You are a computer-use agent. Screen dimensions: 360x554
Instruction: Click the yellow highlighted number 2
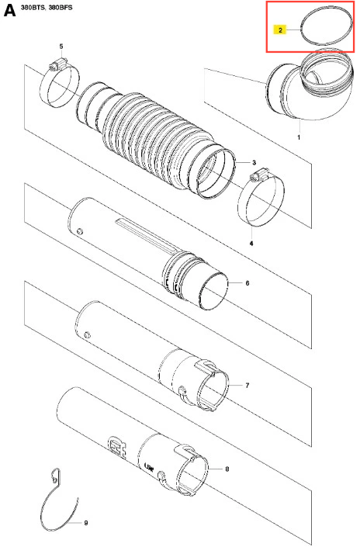(x=280, y=30)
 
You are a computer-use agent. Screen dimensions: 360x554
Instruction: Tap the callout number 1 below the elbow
(x=299, y=137)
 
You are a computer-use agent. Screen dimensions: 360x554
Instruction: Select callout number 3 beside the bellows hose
(x=254, y=162)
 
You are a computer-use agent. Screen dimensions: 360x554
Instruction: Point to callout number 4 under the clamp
(x=251, y=244)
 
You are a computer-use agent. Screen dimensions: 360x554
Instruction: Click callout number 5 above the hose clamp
(x=61, y=47)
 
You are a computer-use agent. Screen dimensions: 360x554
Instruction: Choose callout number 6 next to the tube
(x=247, y=283)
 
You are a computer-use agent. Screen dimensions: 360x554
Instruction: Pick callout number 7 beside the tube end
(x=247, y=385)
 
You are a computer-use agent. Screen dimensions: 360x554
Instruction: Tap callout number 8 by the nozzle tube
(x=227, y=469)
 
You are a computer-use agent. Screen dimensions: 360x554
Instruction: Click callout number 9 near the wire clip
(x=86, y=522)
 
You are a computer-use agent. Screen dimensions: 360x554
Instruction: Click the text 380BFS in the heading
(x=61, y=7)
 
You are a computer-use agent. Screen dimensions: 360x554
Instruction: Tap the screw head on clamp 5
(x=54, y=65)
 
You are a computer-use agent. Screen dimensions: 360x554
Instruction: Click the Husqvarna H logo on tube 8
(x=117, y=447)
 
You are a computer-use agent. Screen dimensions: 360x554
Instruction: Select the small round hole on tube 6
(x=79, y=231)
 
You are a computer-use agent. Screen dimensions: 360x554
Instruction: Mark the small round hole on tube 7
(x=87, y=334)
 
